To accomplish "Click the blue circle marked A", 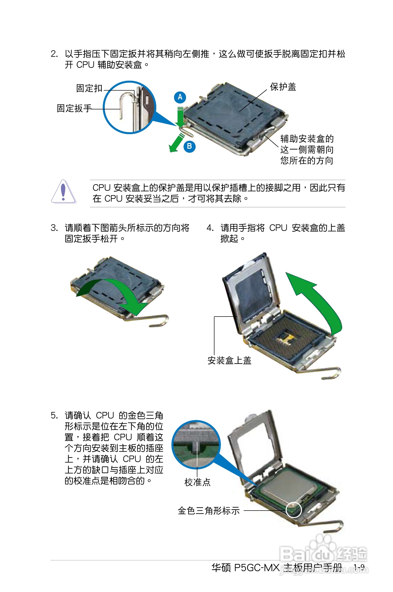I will coord(180,97).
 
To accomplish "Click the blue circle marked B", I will coord(189,146).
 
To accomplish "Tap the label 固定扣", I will coord(89,88).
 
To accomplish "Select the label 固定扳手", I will coord(74,108).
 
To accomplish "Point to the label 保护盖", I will coord(283,87).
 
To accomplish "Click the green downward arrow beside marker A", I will coord(180,117).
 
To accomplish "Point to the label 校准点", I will coord(197,482).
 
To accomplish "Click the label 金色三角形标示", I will coord(209,511).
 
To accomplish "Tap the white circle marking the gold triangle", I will coord(293,510).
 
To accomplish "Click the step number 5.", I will coord(54,416).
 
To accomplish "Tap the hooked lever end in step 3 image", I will coord(160,322).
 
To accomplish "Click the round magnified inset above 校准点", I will coord(196,444).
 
